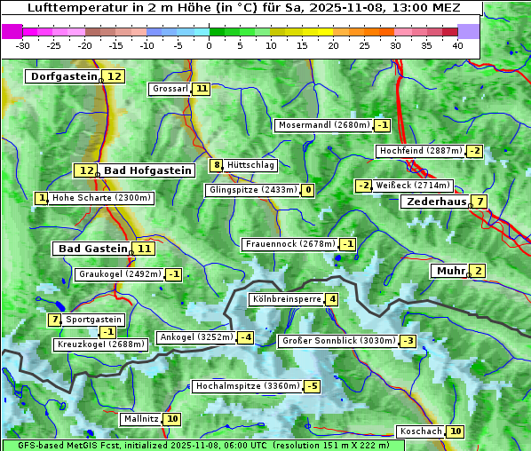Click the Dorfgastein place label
(x=63, y=76)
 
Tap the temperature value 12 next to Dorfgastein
(x=115, y=76)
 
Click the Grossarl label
(x=170, y=89)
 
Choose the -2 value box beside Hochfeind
(x=475, y=151)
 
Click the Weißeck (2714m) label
(x=412, y=186)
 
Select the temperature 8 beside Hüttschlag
(x=216, y=164)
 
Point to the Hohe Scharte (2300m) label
(x=102, y=198)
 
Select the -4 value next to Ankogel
(x=245, y=337)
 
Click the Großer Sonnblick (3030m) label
(x=338, y=341)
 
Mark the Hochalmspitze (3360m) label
(x=248, y=386)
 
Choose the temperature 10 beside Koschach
(x=455, y=431)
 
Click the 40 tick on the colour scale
(x=457, y=45)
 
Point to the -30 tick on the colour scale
(x=23, y=45)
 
